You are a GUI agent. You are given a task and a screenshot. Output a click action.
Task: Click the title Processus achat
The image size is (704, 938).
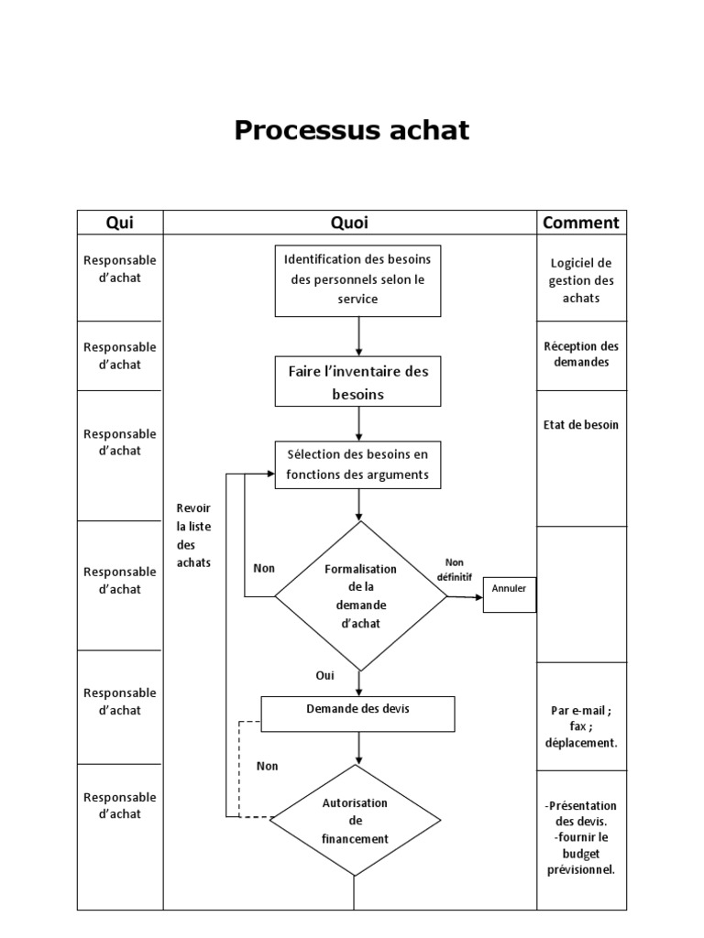[x=351, y=130]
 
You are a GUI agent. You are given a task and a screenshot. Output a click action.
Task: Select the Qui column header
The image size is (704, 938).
[x=120, y=223]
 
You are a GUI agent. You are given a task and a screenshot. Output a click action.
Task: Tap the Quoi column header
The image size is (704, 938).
[x=349, y=223]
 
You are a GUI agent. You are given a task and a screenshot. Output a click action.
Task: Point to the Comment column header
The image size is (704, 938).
[x=581, y=223]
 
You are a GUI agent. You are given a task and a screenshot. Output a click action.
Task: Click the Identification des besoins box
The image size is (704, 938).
[x=358, y=280]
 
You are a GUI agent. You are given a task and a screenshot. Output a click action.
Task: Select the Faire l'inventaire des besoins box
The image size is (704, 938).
[x=358, y=382]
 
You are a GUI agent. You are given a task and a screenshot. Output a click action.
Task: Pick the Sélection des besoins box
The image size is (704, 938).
[x=358, y=464]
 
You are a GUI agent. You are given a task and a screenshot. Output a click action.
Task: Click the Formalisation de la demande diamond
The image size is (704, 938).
[x=361, y=596]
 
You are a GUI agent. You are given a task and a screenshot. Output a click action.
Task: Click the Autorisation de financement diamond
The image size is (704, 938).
[x=356, y=820]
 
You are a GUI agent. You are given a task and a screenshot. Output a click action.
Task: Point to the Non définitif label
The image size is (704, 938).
[x=455, y=569]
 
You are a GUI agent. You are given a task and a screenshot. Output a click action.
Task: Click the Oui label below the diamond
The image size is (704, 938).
[x=324, y=675]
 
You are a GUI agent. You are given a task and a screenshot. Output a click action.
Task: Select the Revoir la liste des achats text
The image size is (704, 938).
[x=193, y=535]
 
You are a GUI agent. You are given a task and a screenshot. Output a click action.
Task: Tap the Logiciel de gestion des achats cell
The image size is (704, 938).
[x=582, y=280]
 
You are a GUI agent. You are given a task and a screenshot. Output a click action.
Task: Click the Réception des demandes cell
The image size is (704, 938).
[x=582, y=354]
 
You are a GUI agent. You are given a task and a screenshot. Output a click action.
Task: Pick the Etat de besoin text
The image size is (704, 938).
[x=582, y=425]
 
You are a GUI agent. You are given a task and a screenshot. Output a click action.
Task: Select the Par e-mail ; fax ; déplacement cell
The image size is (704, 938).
[x=582, y=725]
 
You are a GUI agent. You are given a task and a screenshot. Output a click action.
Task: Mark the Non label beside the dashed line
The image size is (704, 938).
[x=267, y=766]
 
